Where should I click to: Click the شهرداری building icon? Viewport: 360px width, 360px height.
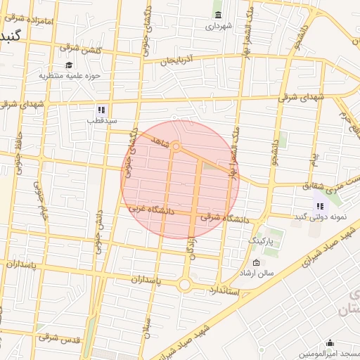(218, 15)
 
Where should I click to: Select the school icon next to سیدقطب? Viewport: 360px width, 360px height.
(101, 110)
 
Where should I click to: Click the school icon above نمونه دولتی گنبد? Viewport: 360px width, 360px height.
(320, 206)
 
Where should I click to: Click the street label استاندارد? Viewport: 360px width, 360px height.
(224, 290)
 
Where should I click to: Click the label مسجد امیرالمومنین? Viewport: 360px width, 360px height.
(332, 353)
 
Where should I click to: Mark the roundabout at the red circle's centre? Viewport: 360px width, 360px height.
(176, 147)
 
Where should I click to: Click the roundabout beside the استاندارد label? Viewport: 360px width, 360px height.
(186, 285)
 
